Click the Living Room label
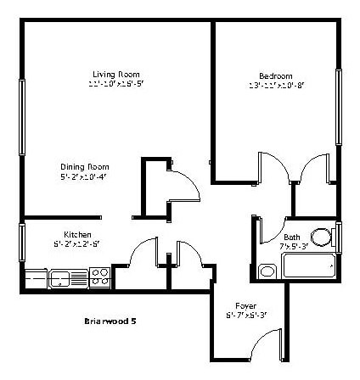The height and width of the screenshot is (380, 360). [116, 73]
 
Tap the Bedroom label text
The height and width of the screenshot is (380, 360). [276, 75]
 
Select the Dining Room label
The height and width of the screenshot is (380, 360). [84, 166]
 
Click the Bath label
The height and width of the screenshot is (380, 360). [292, 237]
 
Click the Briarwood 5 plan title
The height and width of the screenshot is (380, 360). [111, 321]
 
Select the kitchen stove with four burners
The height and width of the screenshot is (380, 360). [100, 276]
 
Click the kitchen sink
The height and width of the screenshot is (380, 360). [61, 277]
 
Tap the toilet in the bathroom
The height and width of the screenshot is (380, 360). [322, 237]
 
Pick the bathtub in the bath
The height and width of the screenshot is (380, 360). [309, 265]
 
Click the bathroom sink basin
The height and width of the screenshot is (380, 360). [267, 271]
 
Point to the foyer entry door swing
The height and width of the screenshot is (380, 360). [270, 343]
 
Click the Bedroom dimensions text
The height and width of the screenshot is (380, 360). [277, 86]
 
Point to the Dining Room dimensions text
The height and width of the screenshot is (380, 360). [84, 177]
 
